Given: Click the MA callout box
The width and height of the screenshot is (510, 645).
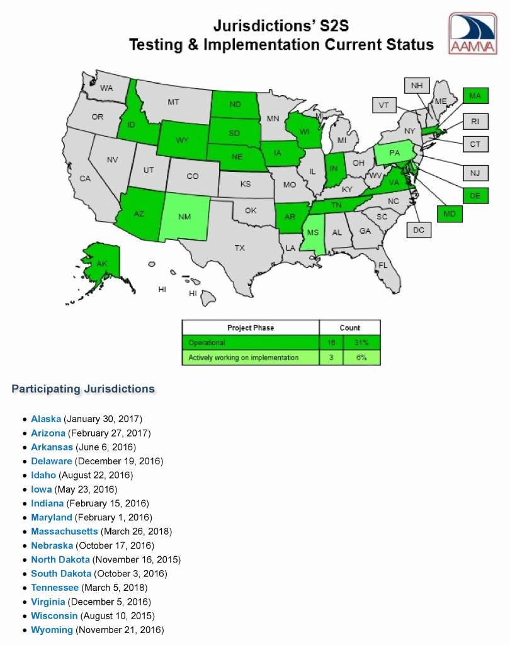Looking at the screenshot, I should tap(475, 96).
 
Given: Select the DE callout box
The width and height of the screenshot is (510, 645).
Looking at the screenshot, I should tap(475, 196).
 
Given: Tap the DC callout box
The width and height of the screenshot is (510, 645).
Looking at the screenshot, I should tap(419, 231).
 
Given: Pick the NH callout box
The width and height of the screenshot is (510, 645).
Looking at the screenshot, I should tap(416, 86).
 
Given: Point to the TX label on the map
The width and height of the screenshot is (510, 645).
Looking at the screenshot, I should tap(239, 248).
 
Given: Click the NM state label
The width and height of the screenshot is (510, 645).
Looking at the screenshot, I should tap(184, 217).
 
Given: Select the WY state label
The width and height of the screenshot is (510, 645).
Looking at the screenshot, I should tap(182, 140).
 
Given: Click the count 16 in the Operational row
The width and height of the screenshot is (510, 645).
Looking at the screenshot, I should tap(331, 343).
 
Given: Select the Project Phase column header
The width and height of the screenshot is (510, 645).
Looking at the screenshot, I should tap(251, 328).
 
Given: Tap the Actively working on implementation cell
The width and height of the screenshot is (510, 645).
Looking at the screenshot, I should tap(244, 358).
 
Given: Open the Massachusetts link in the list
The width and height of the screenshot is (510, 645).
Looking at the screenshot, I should tap(64, 531).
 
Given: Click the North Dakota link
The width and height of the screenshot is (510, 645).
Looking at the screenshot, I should tap(61, 559).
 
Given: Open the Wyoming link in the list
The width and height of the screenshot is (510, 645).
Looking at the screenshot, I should tap(52, 630).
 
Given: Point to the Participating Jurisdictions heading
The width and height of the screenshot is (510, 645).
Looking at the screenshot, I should tap(83, 389).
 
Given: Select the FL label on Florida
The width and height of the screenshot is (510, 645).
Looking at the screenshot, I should tap(382, 265).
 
